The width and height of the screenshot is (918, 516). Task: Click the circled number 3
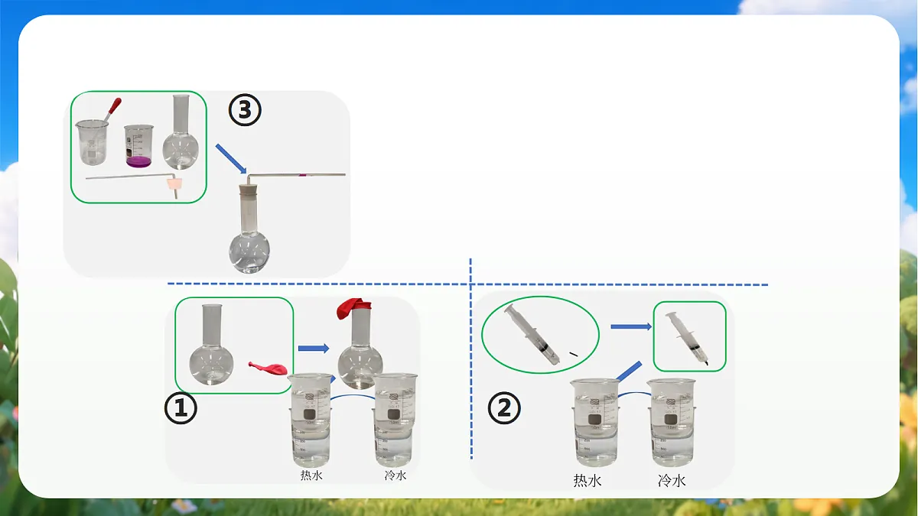[x=245, y=110]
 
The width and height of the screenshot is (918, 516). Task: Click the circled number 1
[x=181, y=408]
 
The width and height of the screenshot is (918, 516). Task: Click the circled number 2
[x=504, y=408]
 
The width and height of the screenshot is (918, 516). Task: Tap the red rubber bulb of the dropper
[x=115, y=105]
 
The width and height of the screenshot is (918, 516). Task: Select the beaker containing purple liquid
[x=139, y=146]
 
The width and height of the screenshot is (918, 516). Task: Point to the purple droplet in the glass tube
[x=302, y=175]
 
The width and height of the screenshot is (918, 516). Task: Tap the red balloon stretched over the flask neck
[x=353, y=308]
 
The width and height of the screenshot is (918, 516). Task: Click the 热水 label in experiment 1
[x=311, y=475]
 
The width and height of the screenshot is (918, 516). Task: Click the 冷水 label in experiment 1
[x=396, y=475]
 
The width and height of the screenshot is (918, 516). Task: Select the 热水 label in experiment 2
[x=588, y=480]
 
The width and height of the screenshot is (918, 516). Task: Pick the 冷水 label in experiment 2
[x=672, y=480]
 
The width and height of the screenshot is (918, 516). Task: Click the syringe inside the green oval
[x=532, y=335]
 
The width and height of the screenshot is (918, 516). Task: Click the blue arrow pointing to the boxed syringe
[x=631, y=326]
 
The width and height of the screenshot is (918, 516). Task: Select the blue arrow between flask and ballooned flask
[x=314, y=349]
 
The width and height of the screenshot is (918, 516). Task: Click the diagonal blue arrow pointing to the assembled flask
[x=231, y=158]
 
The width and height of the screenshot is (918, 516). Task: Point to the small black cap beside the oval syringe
[x=573, y=353]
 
